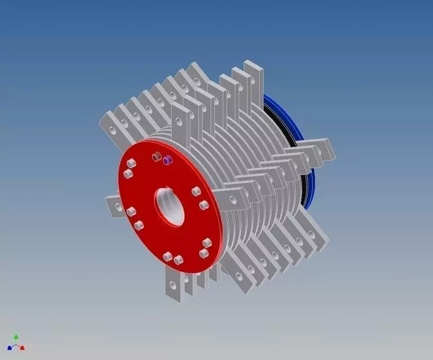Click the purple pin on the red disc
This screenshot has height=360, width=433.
pos(167,161)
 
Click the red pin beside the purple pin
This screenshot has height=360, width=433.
pos(158,157)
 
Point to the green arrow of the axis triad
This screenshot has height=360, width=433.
pos(16,337)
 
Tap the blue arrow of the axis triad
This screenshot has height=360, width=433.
pos(10,348)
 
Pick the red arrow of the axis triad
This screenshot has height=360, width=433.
pos(22,348)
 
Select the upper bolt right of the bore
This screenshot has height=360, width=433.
pos(196,192)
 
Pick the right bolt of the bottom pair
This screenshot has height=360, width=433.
pos(179,260)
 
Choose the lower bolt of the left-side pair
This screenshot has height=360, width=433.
pos(139,226)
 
